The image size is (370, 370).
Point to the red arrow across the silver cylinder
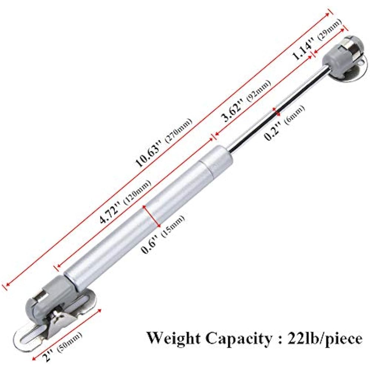point(152,216)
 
